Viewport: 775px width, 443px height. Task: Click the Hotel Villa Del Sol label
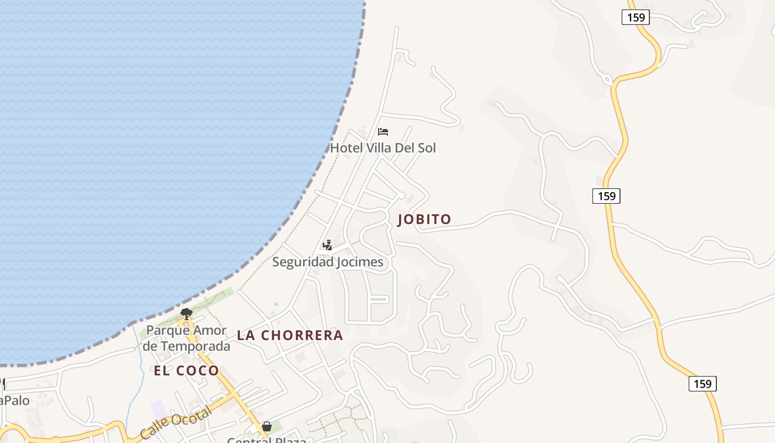coord(383,148)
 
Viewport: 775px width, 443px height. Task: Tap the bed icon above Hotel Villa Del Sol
coord(383,132)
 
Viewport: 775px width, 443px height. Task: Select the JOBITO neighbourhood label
coord(425,219)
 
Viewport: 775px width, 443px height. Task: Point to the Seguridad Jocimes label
coord(328,262)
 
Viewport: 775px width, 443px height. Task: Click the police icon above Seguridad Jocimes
coord(328,245)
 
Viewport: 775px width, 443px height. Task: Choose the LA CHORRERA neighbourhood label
coord(290,336)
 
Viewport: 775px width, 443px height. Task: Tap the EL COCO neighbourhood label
coord(187,371)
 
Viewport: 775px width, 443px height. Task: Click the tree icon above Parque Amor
coord(187,314)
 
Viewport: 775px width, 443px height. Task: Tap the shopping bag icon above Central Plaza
coord(267,426)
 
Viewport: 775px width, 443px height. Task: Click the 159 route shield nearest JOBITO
coord(606,196)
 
